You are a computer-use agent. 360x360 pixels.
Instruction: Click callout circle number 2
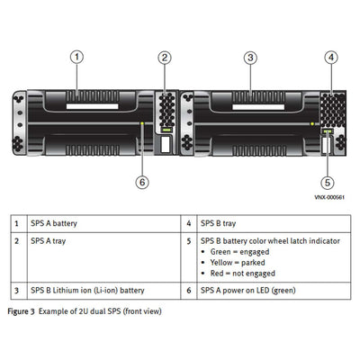click(x=165, y=58)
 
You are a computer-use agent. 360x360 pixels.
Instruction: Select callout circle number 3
click(x=250, y=58)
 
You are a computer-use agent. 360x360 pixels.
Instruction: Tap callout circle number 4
click(x=331, y=58)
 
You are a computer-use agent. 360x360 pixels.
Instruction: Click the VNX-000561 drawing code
click(x=330, y=196)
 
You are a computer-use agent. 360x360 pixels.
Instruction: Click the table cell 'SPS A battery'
click(x=53, y=222)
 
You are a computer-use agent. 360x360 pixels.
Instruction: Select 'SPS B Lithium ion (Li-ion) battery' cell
click(x=87, y=291)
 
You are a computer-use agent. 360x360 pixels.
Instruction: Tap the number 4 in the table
click(x=188, y=222)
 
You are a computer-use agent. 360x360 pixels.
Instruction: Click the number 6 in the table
click(x=188, y=291)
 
